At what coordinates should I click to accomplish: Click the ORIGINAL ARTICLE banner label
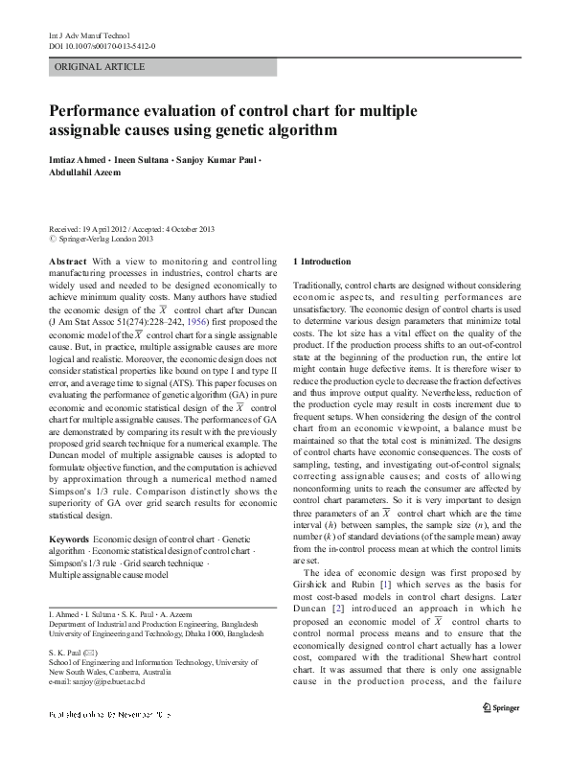click(x=101, y=67)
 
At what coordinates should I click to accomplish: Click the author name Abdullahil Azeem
click(x=86, y=173)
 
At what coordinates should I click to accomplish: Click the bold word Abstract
click(x=67, y=261)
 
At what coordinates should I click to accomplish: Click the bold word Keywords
click(x=70, y=540)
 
